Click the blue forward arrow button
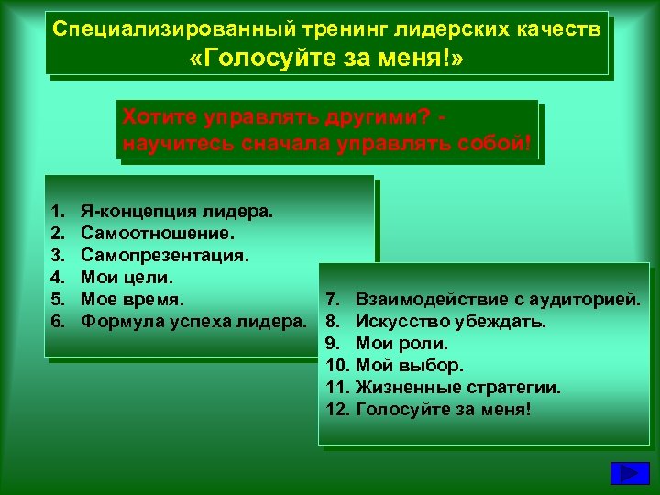(630, 473)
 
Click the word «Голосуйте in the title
(247, 60)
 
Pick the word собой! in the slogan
(494, 145)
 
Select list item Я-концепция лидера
(177, 212)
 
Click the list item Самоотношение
(150, 234)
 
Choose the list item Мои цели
(127, 277)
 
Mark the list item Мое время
(132, 299)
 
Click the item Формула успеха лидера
(192, 321)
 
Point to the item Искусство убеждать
(450, 322)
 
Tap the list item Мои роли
(401, 344)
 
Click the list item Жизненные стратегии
(457, 387)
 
